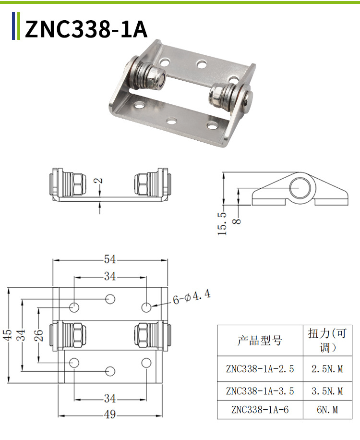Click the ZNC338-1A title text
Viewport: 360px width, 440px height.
point(86,29)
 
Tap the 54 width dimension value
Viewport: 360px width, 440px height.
point(110,259)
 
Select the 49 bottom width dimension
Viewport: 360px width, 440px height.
point(110,415)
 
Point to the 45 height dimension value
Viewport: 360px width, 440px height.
point(7,335)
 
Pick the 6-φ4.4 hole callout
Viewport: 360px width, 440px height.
point(192,297)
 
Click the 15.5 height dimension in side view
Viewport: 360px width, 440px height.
point(222,223)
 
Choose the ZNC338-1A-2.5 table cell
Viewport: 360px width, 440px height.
point(260,369)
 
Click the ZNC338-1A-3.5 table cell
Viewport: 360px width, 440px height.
point(260,391)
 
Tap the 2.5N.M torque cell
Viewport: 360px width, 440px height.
point(327,369)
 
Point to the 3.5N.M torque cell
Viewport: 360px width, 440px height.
point(327,391)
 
